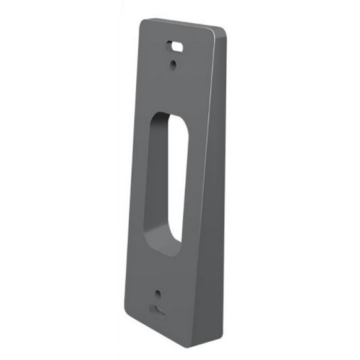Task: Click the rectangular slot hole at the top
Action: pos(175,46)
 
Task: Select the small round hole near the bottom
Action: pos(157,293)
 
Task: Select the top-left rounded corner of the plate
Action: pos(143,23)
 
